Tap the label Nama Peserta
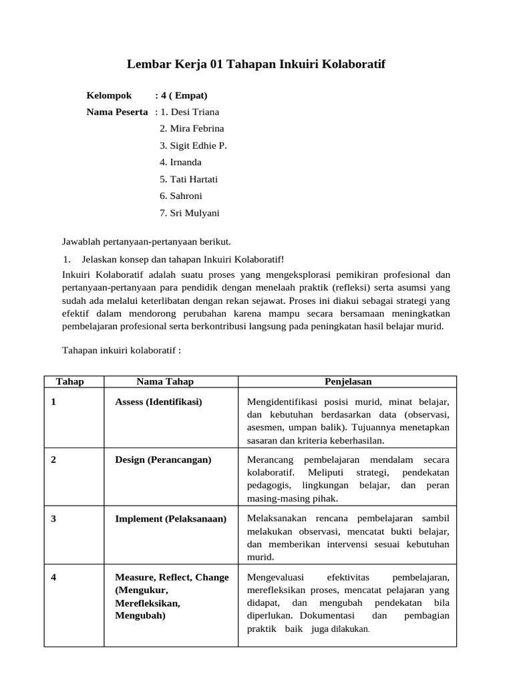tap(117, 112)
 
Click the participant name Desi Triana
tap(194, 112)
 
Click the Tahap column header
tap(70, 381)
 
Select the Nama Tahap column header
tap(165, 381)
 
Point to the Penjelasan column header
tap(348, 381)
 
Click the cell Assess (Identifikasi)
tap(158, 401)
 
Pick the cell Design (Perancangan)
tap(163, 460)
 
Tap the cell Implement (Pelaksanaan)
tap(170, 518)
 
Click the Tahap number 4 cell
tap(53, 577)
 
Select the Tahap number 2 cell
tap(53, 460)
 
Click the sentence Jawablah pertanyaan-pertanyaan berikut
tap(146, 241)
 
